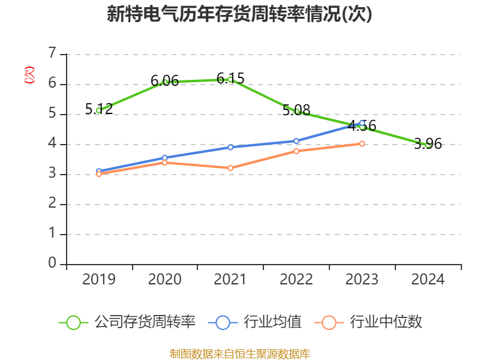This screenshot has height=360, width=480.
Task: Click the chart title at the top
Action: pos(239,14)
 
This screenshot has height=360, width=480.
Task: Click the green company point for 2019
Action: pos(98,110)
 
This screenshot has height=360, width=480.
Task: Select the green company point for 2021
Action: pos(230,79)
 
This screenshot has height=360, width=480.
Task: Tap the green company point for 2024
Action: pos(428,145)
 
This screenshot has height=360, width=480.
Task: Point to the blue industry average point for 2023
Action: pos(362,123)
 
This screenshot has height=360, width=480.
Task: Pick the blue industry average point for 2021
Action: pos(230,147)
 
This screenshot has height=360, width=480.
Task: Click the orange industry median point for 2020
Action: pos(164,163)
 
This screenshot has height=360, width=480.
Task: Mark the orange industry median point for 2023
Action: pos(362,143)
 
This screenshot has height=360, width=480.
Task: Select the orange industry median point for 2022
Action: pos(296,151)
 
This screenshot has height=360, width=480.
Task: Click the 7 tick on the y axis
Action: pos(52,54)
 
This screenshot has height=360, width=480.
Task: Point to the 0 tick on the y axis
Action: pos(52,264)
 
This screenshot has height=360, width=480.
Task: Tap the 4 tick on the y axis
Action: pos(52,144)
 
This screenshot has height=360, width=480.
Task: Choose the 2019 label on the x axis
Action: pos(98,280)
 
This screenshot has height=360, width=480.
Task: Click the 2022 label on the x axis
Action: pos(296,280)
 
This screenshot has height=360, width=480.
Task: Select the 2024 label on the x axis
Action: pos(428,280)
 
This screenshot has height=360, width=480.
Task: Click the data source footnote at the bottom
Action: pos(239,353)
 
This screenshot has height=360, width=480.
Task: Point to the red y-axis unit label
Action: pos(29,75)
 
